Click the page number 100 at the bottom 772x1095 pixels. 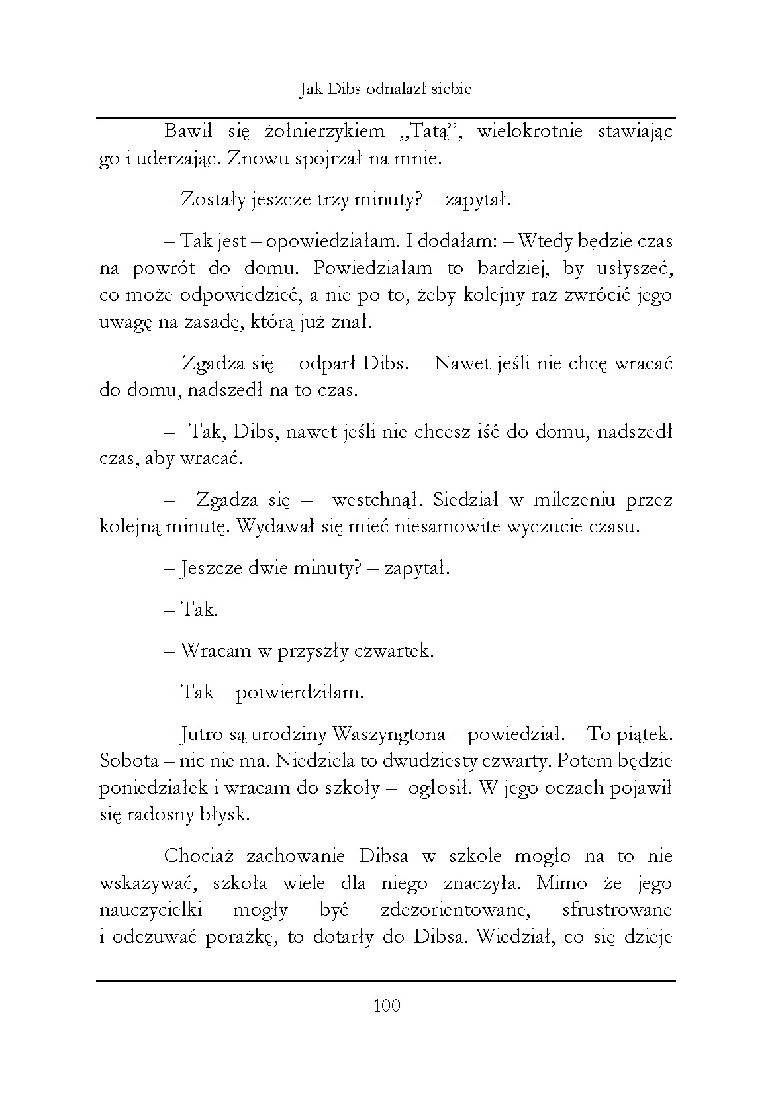[387, 1006]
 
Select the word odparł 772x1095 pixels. [323, 364]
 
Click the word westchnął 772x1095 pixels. [373, 500]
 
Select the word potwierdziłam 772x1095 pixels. [300, 693]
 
